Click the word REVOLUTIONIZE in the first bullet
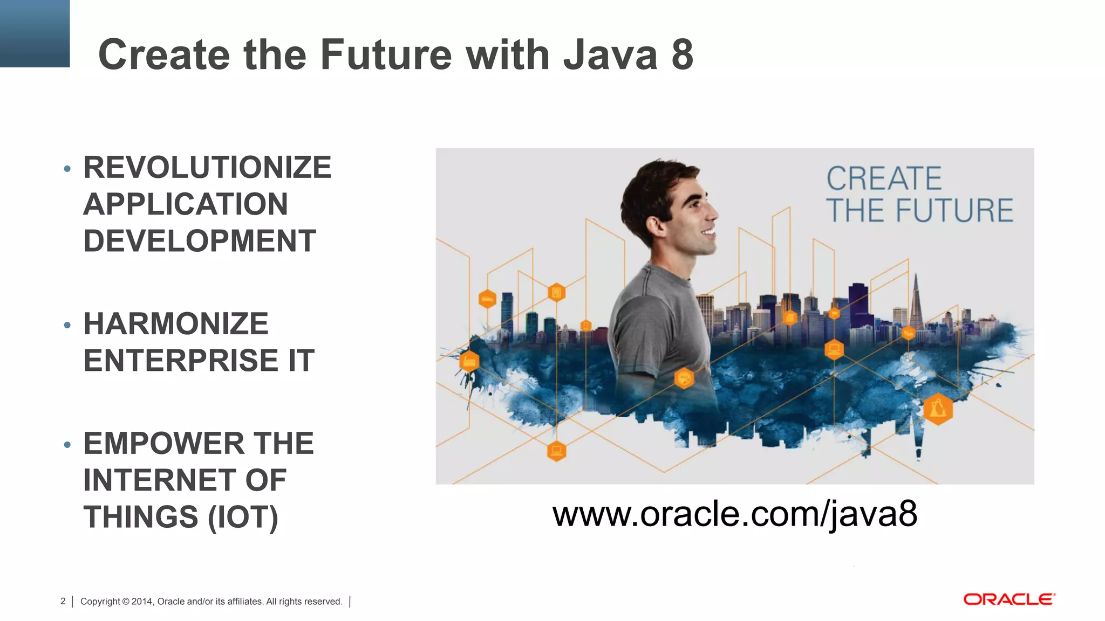[x=207, y=168]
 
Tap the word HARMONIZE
[x=176, y=324]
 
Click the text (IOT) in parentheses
[x=243, y=517]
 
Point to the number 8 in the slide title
[x=682, y=55]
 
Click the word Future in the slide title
[x=386, y=55]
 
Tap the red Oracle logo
[x=1009, y=599]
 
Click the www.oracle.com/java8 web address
[x=734, y=514]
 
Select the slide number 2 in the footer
[x=63, y=601]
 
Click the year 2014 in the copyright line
[x=142, y=602]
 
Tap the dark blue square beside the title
[x=35, y=33]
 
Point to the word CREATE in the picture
[x=884, y=179]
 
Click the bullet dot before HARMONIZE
[x=67, y=325]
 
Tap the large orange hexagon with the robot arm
[x=938, y=409]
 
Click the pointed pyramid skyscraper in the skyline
[x=916, y=302]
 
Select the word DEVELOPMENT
[x=200, y=241]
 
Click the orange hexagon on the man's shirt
[x=684, y=378]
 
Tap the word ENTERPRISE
[x=181, y=361]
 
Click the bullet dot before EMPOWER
[x=67, y=445]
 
